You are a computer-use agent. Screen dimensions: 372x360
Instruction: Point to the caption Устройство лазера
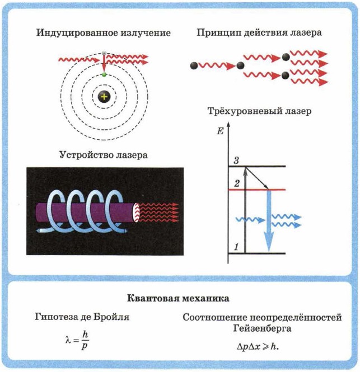[103, 155]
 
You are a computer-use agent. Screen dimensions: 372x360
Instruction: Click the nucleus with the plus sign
[104, 97]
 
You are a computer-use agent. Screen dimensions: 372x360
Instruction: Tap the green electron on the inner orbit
[104, 74]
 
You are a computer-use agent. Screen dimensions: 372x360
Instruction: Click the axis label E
[219, 132]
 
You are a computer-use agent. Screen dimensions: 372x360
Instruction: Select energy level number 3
[236, 161]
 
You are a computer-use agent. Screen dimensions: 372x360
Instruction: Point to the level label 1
[236, 247]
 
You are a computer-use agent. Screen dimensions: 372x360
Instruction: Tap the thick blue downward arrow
[269, 221]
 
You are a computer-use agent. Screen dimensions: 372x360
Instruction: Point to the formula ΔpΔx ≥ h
[258, 346]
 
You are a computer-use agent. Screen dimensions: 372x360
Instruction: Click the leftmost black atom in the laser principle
[193, 65]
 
